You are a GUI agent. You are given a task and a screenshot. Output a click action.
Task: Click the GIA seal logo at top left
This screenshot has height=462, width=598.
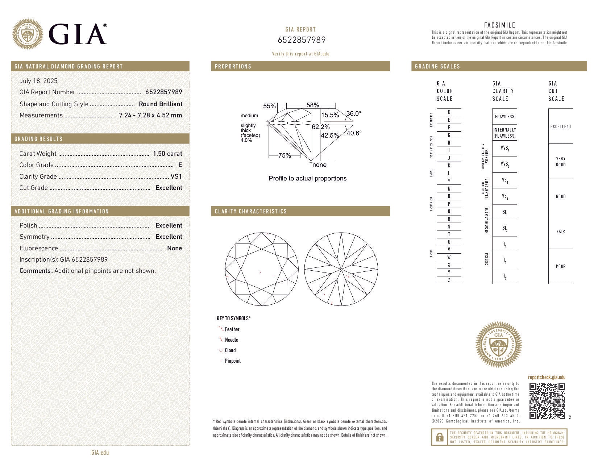pos(28,34)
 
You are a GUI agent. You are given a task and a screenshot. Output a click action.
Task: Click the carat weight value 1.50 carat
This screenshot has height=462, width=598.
pos(167,154)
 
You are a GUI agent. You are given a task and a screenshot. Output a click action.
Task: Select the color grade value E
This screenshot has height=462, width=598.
pos(180,165)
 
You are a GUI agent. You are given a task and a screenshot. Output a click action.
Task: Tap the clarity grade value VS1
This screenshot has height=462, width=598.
pos(176,176)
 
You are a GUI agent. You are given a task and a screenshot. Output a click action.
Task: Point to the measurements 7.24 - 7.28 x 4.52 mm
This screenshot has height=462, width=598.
pos(150,115)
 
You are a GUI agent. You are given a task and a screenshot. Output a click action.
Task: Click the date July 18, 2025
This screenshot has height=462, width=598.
pos(38,81)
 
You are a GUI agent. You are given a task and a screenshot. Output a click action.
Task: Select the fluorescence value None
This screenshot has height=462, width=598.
pos(174,248)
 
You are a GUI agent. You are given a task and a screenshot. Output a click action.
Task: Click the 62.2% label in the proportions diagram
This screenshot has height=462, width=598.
pos(321,127)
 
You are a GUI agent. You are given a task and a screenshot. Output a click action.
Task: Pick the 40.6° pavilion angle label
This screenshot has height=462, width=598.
pos(354,133)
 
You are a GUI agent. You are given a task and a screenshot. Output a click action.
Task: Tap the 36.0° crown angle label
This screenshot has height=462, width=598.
pos(354,113)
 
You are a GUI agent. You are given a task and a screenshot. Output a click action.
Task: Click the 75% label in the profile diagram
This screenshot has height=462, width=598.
pos(285,155)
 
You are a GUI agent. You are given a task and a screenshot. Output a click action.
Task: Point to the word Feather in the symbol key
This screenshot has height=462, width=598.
pos(232,329)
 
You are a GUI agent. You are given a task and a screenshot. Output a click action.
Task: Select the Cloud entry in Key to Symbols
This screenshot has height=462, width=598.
pos(230,350)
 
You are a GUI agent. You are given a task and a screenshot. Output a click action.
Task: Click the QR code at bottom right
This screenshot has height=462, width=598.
pos(547,401)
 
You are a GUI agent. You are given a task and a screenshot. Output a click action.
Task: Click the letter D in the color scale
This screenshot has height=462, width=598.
pos(449,112)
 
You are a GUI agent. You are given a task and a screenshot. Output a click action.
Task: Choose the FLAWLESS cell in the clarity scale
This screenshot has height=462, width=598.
pos(504,116)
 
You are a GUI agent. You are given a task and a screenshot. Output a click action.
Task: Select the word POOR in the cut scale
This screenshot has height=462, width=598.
pos(561,266)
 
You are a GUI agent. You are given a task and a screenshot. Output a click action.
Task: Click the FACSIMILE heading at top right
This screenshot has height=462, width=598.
pos(499,25)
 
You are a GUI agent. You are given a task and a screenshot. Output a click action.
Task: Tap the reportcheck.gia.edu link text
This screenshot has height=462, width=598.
pos(547,377)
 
